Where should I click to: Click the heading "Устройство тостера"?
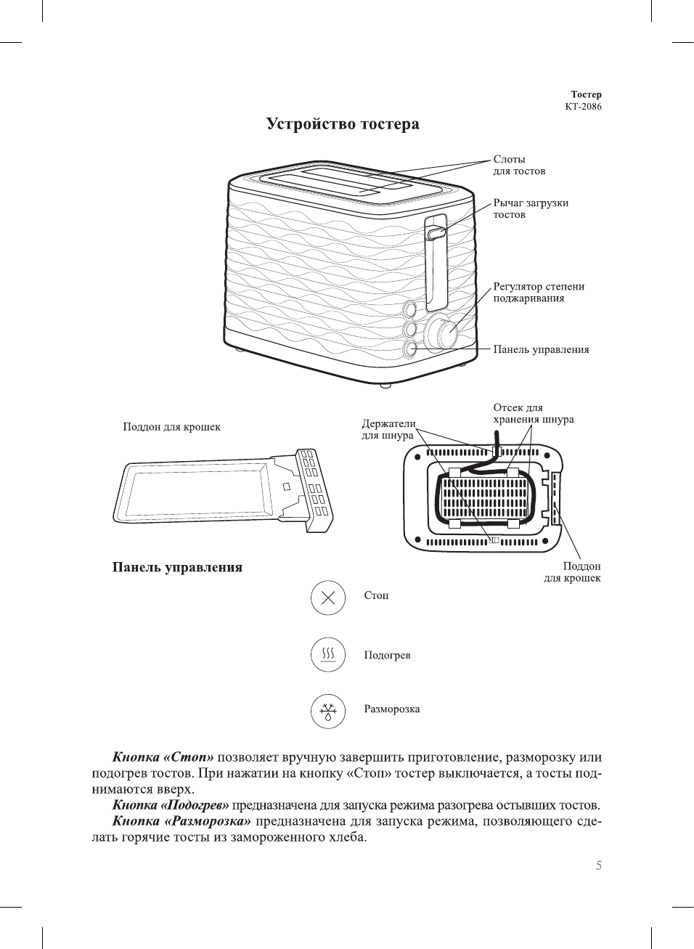coord(343,124)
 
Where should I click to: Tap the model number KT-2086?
coord(583,107)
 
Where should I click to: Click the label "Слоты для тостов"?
coord(519,166)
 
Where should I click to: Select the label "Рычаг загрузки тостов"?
coord(531,209)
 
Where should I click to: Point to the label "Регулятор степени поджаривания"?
coord(539,293)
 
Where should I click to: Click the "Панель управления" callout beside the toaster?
coord(541,350)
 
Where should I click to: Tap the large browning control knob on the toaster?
coord(441,333)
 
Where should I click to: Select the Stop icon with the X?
coord(327,598)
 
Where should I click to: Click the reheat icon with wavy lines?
coord(327,655)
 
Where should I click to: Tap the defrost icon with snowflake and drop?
coord(327,711)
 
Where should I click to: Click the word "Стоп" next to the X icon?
coord(376,595)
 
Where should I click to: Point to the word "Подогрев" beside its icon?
coord(387,656)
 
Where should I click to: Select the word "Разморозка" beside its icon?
coord(391,709)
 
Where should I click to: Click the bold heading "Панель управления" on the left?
coord(177,568)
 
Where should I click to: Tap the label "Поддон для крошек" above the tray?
coord(171,427)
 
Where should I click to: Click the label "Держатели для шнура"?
coord(388,429)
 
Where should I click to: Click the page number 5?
coord(598,865)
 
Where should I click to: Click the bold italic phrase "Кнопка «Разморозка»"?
coord(181,821)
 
